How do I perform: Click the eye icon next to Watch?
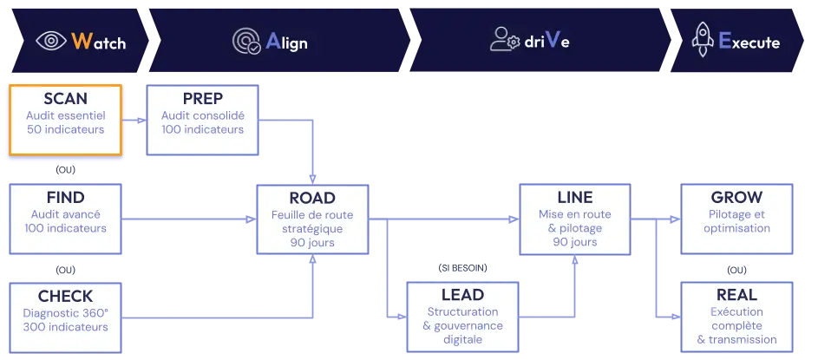click(x=50, y=41)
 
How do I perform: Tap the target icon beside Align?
click(x=246, y=41)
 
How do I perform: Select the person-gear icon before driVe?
click(x=504, y=40)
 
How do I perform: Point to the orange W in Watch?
click(x=81, y=41)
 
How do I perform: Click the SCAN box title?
click(x=65, y=99)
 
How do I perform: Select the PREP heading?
click(x=203, y=99)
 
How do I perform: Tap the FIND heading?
click(x=66, y=198)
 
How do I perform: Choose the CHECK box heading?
click(x=66, y=296)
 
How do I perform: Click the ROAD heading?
click(x=312, y=198)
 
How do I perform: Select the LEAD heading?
click(x=461, y=296)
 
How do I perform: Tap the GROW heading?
click(x=736, y=198)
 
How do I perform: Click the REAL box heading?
click(x=736, y=296)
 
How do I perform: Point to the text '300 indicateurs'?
click(x=66, y=327)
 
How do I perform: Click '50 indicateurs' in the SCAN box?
click(x=65, y=130)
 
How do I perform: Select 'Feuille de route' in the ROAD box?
click(x=312, y=214)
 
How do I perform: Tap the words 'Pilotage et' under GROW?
click(x=736, y=214)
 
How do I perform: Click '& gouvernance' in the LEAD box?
click(x=461, y=326)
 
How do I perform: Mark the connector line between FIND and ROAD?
click(x=188, y=219)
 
